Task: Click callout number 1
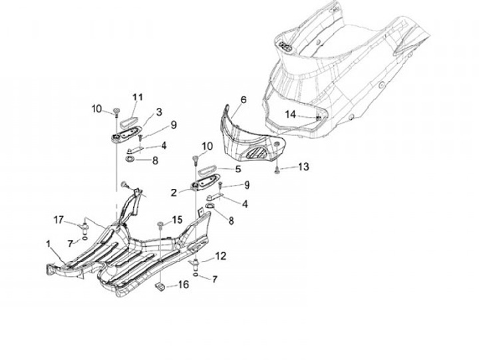point(48,244)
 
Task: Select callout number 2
point(174,193)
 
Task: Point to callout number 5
point(239,169)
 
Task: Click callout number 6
point(243,99)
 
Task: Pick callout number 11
point(138,97)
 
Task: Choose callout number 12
point(221,256)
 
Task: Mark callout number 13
point(303,166)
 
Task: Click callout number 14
point(290,114)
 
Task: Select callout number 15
point(176,220)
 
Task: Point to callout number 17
point(59,220)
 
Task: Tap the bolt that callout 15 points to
point(161,223)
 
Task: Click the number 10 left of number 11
point(96,108)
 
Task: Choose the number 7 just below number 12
point(214,279)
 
